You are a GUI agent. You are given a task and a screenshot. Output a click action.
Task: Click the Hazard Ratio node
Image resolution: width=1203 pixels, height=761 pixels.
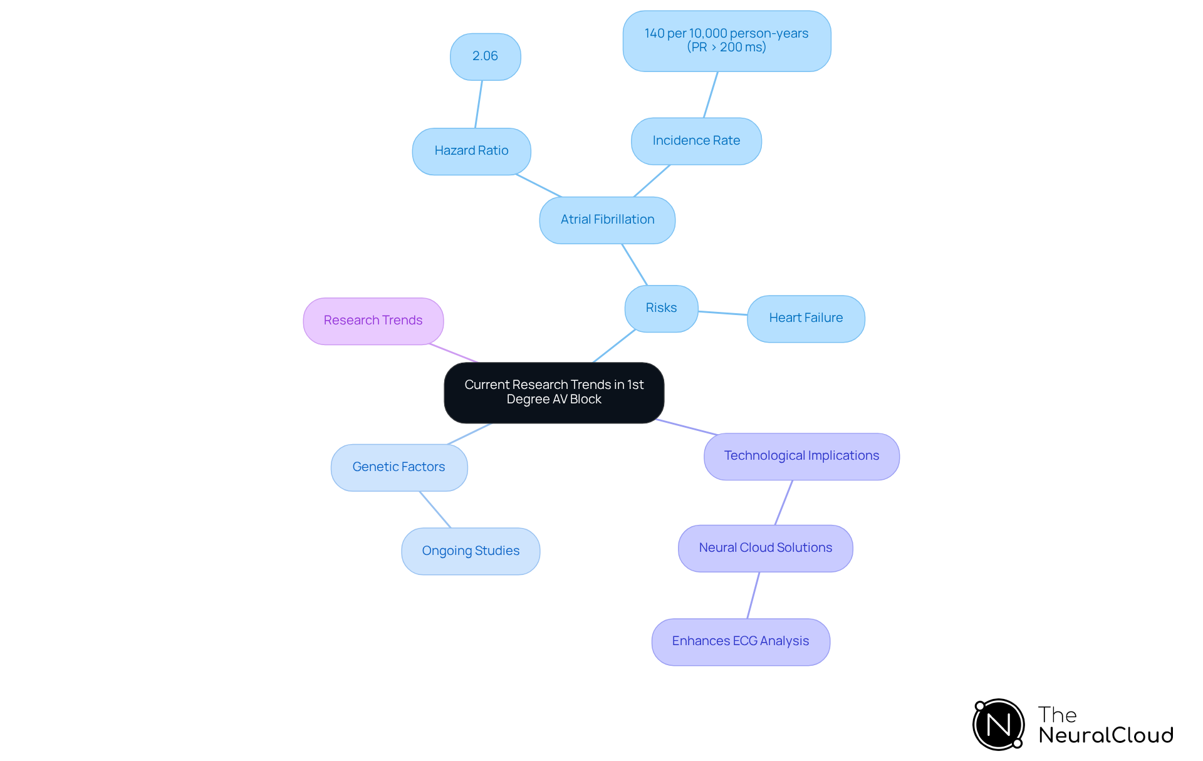pyautogui.click(x=471, y=151)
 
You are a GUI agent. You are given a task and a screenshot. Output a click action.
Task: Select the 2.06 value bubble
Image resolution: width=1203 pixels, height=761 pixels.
pyautogui.click(x=485, y=56)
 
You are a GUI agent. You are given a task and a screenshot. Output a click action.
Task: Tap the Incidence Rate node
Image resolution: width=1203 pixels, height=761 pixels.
pyautogui.click(x=696, y=141)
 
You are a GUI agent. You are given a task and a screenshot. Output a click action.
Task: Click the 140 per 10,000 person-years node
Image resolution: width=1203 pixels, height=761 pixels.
pyautogui.click(x=726, y=41)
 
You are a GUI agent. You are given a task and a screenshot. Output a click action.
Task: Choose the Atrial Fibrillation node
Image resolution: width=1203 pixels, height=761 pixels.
pyautogui.click(x=607, y=220)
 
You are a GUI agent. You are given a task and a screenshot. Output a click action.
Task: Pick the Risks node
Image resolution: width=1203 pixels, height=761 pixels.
pyautogui.click(x=661, y=308)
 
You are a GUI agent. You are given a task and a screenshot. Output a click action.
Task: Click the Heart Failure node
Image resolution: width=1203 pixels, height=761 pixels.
pyautogui.click(x=806, y=318)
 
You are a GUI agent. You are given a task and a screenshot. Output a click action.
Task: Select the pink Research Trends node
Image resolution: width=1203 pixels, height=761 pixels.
pyautogui.click(x=373, y=321)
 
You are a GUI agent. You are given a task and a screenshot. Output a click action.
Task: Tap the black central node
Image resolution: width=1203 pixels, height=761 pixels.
pyautogui.click(x=554, y=392)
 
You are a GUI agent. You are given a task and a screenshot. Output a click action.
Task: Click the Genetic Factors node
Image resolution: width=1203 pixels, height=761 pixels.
pyautogui.click(x=398, y=467)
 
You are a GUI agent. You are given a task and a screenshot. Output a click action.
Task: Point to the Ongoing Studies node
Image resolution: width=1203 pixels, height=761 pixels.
pyautogui.click(x=471, y=551)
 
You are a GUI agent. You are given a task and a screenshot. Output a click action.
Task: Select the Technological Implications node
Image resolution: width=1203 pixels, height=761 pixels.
pyautogui.click(x=801, y=456)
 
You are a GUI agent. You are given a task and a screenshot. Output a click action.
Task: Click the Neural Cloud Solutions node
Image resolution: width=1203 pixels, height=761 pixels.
pyautogui.click(x=765, y=548)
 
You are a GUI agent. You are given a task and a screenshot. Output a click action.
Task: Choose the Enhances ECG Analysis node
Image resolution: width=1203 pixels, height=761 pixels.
pyautogui.click(x=741, y=641)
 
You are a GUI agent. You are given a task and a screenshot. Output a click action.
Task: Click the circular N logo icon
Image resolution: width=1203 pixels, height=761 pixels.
pyautogui.click(x=998, y=725)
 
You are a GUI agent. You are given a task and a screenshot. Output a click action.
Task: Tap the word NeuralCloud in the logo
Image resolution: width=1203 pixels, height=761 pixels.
pyautogui.click(x=1106, y=735)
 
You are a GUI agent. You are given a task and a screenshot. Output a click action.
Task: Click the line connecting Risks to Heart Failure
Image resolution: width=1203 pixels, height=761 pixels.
pyautogui.click(x=722, y=313)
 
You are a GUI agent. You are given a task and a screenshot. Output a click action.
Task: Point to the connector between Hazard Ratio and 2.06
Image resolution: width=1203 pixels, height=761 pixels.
pyautogui.click(x=479, y=104)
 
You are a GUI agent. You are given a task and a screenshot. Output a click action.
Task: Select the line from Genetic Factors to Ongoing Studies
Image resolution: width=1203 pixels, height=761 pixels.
pyautogui.click(x=435, y=509)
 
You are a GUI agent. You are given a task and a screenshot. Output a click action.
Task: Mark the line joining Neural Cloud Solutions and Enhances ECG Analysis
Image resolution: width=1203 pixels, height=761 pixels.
pyautogui.click(x=753, y=595)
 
